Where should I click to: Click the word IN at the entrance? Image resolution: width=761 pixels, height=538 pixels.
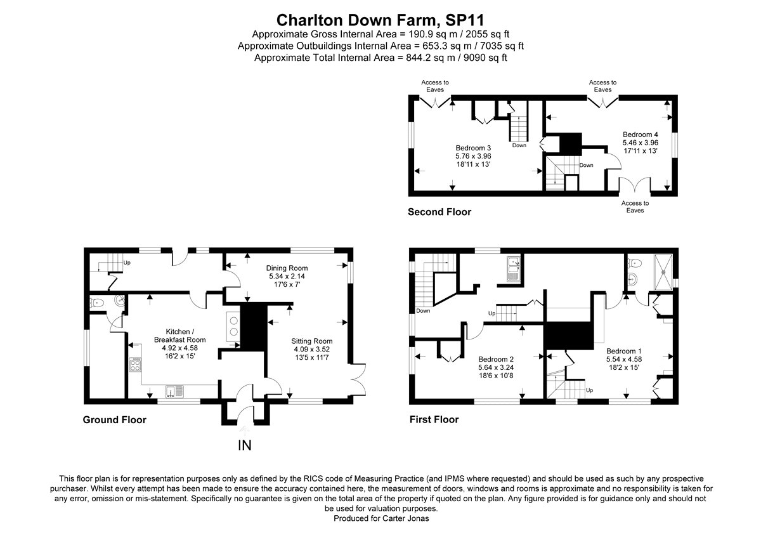pos(244,445)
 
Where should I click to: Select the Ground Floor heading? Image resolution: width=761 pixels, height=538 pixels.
pos(115,420)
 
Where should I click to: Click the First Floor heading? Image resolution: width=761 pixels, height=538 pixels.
pos(434,420)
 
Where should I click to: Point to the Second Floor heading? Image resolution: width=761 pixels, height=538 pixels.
pos(439,212)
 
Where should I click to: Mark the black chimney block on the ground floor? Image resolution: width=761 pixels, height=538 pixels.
pos(252,325)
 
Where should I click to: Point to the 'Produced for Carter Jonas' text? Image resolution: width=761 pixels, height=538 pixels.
pos(380,518)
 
